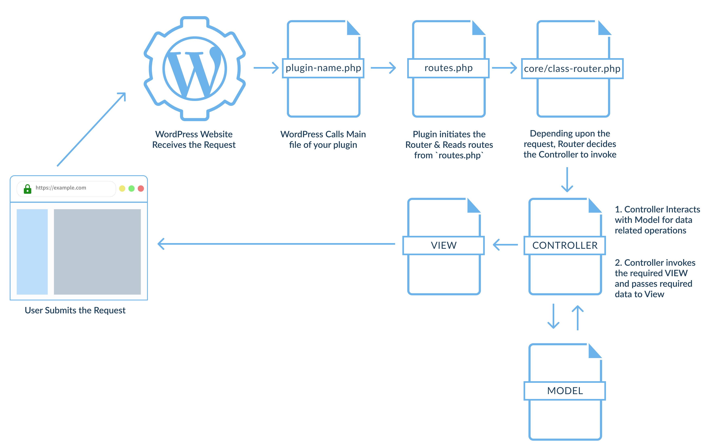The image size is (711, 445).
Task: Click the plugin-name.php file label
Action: click(323, 68)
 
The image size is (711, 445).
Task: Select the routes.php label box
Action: click(448, 68)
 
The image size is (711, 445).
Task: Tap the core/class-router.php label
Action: click(572, 69)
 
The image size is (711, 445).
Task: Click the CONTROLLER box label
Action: click(564, 245)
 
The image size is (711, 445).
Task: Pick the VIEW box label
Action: click(443, 245)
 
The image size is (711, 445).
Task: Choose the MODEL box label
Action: click(564, 390)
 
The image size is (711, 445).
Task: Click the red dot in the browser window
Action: click(141, 188)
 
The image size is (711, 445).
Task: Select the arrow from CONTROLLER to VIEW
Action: click(505, 245)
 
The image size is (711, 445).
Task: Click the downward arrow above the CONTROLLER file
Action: click(567, 179)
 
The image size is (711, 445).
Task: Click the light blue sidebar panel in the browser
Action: click(32, 252)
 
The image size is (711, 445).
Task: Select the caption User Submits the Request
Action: click(75, 310)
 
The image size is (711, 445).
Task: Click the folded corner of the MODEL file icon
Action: click(594, 351)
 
